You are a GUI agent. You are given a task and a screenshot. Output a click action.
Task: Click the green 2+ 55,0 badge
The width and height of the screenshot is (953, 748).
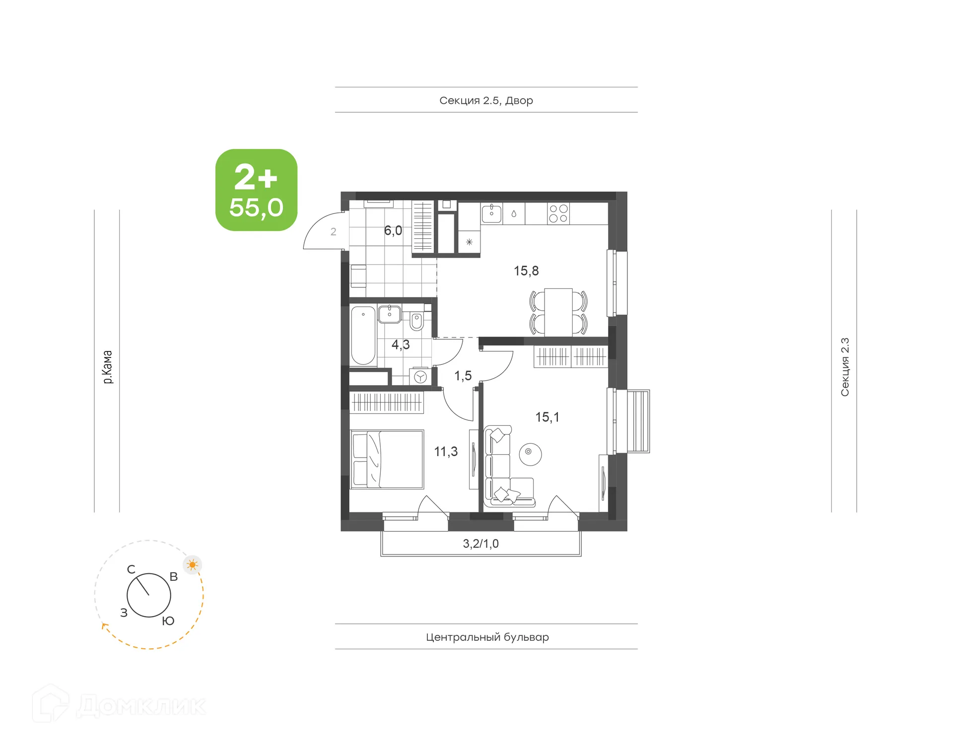point(256,190)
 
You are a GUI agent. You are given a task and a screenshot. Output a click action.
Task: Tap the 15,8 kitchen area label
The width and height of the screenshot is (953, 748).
point(526,271)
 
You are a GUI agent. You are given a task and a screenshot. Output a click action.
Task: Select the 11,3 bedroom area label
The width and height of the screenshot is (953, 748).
point(446,452)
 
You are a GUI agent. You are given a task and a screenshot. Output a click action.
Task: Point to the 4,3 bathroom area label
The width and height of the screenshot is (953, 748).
point(401,344)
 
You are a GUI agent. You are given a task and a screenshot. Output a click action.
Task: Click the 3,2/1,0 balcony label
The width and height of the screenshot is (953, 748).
point(480,544)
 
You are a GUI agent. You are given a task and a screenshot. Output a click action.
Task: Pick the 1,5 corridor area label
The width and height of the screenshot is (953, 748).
point(463,376)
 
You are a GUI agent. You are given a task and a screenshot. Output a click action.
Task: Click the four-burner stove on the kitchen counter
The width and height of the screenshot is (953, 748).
point(558,214)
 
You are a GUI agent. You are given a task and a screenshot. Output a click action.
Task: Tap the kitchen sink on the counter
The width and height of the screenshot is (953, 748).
point(492,214)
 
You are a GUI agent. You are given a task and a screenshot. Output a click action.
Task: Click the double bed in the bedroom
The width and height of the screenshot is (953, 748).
point(387,460)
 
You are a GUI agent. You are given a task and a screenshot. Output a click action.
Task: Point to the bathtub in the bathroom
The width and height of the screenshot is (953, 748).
point(363,336)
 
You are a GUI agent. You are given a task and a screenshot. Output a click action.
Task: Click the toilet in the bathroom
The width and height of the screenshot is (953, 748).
point(417,321)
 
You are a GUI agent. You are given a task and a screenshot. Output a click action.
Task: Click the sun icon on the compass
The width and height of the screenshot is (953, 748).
point(193,565)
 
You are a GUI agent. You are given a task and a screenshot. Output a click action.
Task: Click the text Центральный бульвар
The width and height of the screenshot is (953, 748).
point(487,637)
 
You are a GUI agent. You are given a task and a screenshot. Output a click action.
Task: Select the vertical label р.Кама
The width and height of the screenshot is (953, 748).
point(107,367)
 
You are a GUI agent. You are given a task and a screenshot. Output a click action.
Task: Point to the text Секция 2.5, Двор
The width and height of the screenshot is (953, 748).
point(486,101)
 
